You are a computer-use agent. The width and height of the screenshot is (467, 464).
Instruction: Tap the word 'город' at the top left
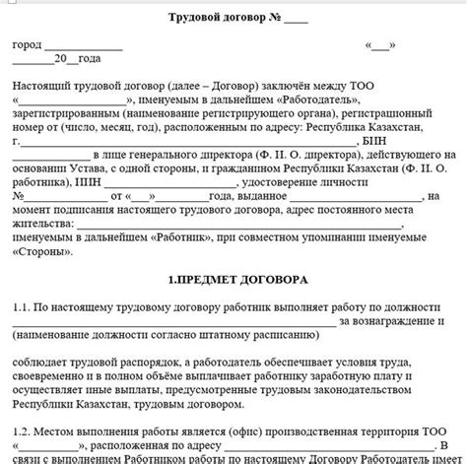27,45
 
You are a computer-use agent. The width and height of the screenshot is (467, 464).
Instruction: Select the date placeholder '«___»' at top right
380,45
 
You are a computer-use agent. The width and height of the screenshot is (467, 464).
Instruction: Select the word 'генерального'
178,155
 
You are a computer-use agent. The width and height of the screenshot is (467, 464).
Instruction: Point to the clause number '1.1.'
22,306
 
